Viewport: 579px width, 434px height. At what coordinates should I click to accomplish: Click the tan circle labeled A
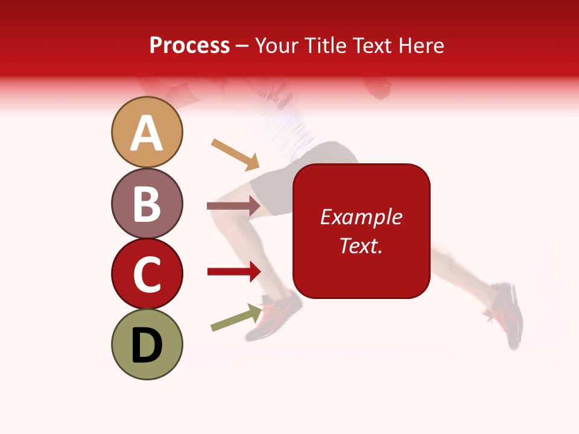pos(147,132)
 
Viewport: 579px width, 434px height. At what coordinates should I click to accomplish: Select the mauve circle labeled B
pos(147,203)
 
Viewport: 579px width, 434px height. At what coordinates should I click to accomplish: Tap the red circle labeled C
pos(147,274)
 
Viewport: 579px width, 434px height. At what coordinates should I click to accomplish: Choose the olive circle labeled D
pos(147,344)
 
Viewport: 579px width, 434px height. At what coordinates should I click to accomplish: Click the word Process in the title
pos(189,46)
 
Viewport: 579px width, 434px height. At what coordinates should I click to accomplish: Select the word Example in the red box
pos(361,217)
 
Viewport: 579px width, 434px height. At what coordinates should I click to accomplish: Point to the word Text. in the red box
pos(361,245)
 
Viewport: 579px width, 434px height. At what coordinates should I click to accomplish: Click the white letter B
pos(147,203)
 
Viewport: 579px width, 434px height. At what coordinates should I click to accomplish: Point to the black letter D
pos(147,345)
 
